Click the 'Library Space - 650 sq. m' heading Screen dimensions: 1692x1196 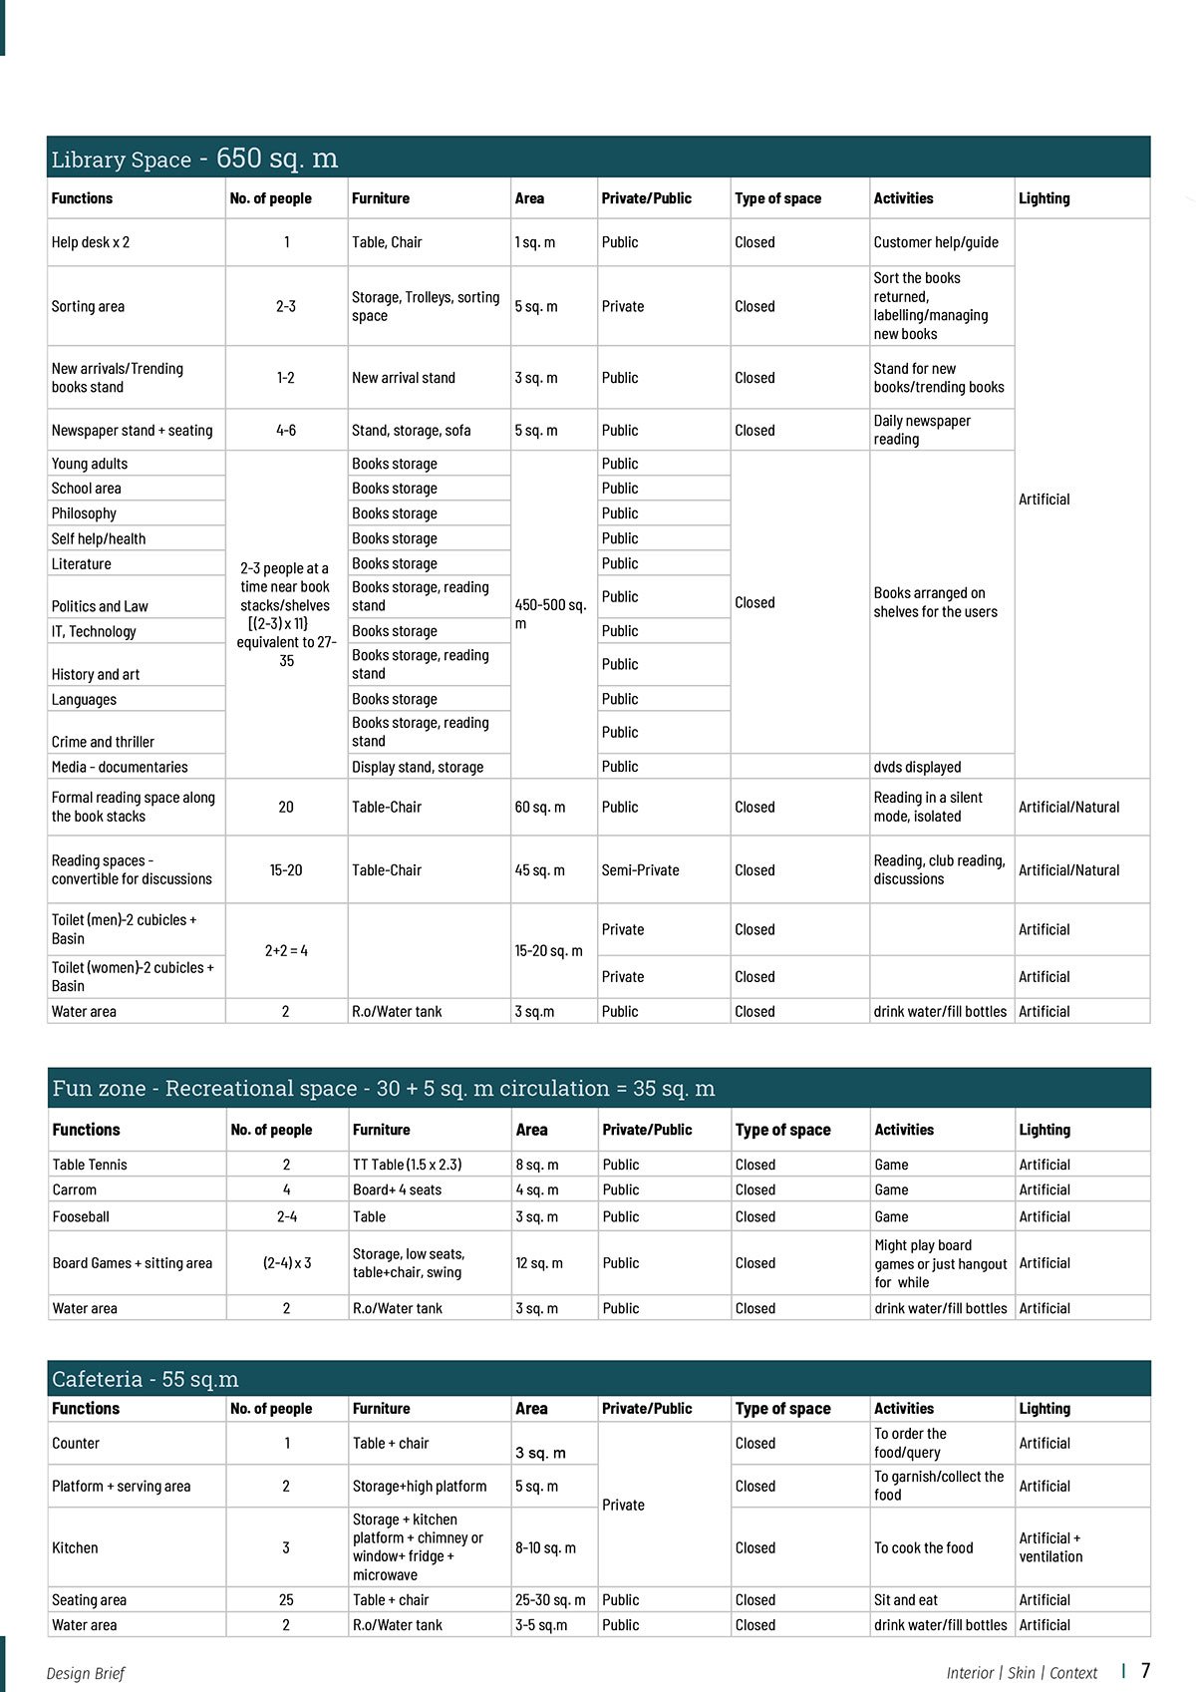coord(194,159)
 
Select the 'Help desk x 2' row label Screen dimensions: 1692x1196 coord(91,242)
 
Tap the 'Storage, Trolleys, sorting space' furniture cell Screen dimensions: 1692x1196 coord(426,306)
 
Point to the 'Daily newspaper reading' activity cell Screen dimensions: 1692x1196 coord(922,430)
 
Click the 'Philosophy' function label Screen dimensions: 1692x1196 coord(84,513)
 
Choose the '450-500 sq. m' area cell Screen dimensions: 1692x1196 coord(550,613)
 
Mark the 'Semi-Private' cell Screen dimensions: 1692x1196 coord(640,870)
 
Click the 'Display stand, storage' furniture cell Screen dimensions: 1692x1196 coord(418,767)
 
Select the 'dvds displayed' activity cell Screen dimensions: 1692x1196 coord(917,767)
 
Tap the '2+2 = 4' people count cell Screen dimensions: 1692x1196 coord(286,951)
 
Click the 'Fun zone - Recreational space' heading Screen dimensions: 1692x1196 coord(384,1089)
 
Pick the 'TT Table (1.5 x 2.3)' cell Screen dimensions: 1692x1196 coord(407,1165)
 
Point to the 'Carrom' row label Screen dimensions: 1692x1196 coord(75,1189)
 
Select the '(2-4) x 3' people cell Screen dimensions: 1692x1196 coord(287,1263)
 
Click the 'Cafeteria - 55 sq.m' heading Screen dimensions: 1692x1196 coord(145,1379)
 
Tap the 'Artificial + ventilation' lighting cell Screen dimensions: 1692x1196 coord(1049,1547)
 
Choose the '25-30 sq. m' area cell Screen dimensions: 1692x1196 coord(550,1600)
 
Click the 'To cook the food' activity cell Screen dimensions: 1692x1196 coord(923,1548)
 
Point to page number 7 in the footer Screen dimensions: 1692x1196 coord(1146,1671)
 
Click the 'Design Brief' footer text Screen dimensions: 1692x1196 coord(86,1673)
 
